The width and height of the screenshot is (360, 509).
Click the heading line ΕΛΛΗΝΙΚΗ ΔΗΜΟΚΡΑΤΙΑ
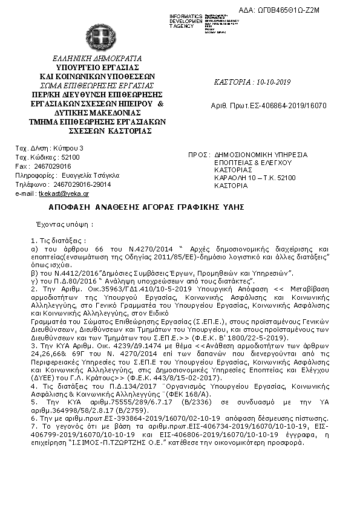pyautogui.click(x=97, y=59)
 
